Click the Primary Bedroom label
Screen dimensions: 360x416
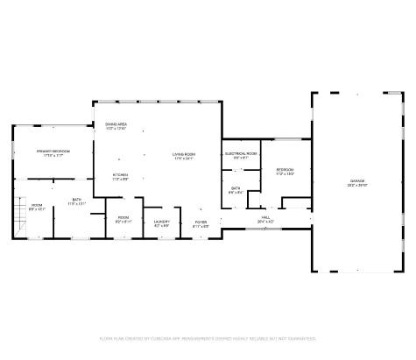[53, 152]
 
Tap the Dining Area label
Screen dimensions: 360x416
[116, 124]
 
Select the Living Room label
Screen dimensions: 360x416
[183, 154]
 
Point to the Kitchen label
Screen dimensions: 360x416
[120, 174]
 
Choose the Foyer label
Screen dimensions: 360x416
[201, 222]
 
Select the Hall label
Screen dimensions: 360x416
[266, 217]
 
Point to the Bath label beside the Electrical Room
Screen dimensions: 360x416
[236, 187]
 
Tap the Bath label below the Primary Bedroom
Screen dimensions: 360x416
[77, 199]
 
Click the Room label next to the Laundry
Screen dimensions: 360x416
[123, 217]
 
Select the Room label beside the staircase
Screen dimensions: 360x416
[36, 206]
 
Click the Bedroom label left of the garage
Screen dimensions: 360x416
[286, 169]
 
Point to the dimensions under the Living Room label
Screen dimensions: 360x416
[183, 159]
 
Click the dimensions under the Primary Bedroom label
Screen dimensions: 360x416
[53, 156]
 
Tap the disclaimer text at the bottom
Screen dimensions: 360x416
[208, 338]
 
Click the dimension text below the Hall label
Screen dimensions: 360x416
[266, 222]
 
